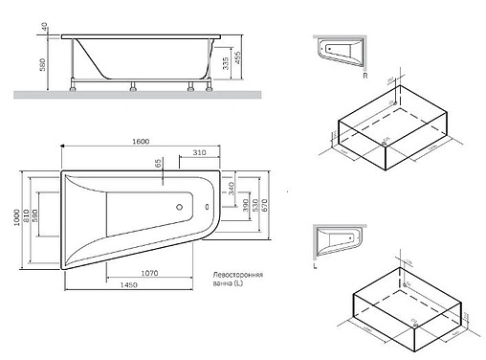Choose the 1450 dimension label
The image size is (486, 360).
[x=132, y=284]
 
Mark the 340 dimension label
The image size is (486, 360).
[x=232, y=189]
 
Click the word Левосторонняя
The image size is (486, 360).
[x=239, y=275]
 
